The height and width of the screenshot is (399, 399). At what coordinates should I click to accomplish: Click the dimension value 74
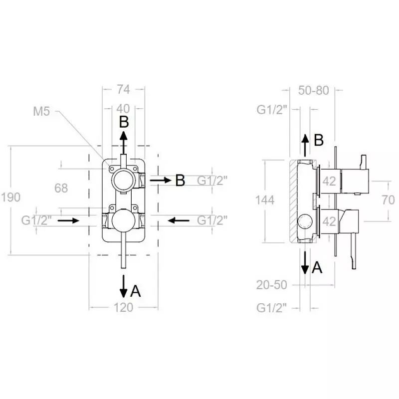(123, 90)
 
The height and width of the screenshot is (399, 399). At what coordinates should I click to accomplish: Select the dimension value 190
(10, 197)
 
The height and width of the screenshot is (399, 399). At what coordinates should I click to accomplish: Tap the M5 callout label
(41, 111)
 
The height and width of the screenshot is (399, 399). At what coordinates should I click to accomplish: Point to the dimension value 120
(123, 308)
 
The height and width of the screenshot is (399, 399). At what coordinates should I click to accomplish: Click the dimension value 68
(61, 189)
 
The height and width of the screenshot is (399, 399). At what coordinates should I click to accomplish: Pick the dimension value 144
(265, 200)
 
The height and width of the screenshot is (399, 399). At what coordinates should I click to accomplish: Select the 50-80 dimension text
(314, 90)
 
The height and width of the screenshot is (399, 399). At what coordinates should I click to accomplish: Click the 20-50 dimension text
(271, 285)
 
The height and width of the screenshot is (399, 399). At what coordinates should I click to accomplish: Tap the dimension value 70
(389, 200)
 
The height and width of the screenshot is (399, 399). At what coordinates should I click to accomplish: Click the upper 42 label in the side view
(329, 181)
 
